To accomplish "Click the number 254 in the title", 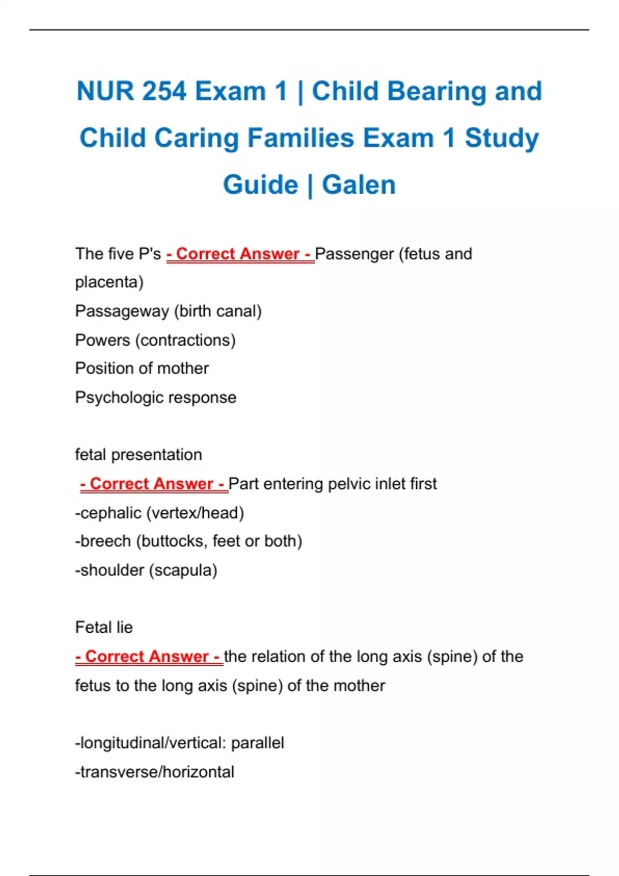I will point(164,91).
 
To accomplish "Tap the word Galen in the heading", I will point(359,185).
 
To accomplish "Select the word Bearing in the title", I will point(436,91).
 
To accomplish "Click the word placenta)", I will point(109,282).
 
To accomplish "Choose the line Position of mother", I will point(142,368).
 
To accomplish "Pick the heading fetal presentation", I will point(138,455).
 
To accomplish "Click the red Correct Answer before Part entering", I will point(154,484).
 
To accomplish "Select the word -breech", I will point(103,541).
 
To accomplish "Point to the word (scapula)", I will point(183,570).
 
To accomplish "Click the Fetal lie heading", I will point(104,628).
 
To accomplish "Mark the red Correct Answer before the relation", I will point(149,656).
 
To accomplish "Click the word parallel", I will point(257,743).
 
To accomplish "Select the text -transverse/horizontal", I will point(155,772).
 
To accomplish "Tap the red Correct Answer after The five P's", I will point(240,254).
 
